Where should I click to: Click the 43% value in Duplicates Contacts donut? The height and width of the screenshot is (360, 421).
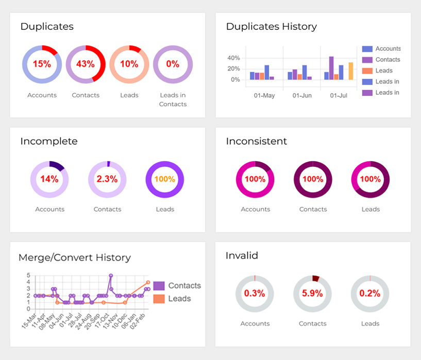pos(85,64)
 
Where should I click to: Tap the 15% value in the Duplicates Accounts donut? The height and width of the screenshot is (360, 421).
pos(42,64)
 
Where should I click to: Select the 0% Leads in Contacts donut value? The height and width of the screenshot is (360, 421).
pos(173,64)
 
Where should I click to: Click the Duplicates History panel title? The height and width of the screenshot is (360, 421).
pos(271,26)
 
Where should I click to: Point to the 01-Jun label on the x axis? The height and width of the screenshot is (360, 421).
pos(302,96)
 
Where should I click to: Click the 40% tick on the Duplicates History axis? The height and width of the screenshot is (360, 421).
pos(233,58)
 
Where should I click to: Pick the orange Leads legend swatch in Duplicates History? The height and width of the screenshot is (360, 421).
pos(367,71)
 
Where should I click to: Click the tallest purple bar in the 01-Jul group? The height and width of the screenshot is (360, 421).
pos(331,68)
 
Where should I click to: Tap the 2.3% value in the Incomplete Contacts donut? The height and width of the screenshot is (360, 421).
pos(107,179)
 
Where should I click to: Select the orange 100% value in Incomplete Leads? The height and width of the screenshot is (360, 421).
pos(165,179)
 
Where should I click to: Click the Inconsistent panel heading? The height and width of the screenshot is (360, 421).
pos(256,141)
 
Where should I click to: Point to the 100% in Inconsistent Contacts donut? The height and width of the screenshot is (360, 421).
pos(313,179)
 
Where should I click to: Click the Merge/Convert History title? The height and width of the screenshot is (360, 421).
pos(74,258)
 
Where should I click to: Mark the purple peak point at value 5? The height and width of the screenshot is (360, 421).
pos(110,276)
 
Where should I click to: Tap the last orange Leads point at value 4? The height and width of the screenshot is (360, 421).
pos(148,282)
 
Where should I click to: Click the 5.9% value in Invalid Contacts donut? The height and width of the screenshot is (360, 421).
pos(313,294)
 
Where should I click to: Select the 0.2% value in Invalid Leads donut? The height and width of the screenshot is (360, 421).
pos(370,294)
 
